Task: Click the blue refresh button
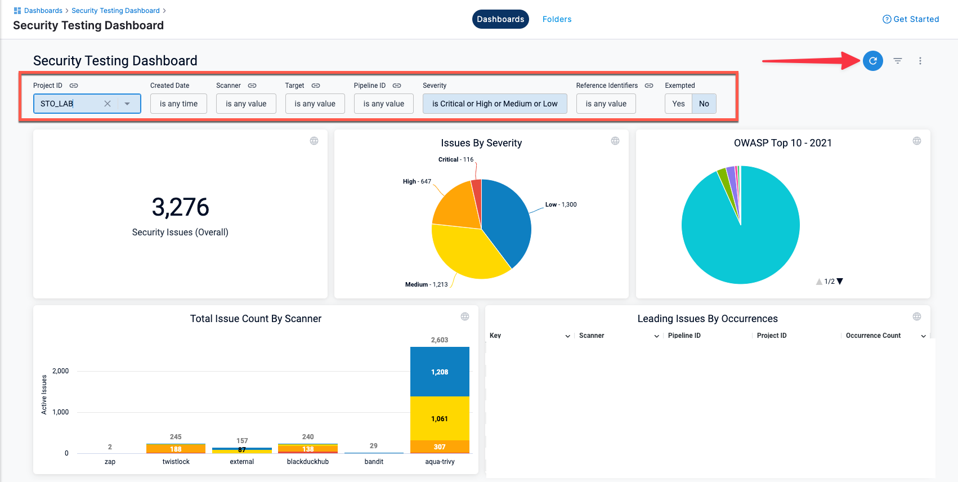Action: pos(872,61)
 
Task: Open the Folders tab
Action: pos(557,19)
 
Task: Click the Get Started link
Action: pos(911,19)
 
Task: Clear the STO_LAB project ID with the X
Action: pos(108,104)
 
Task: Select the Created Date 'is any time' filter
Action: pos(178,104)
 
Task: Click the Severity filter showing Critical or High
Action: pos(494,104)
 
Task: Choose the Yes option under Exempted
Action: pos(678,104)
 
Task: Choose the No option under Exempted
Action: pos(704,104)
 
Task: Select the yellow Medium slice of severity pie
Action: pos(467,253)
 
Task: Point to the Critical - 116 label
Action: pos(455,159)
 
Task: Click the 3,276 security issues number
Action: pos(180,207)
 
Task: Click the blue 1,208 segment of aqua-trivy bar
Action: pos(440,372)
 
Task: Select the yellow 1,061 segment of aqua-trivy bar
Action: pos(440,418)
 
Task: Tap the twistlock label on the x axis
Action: pos(176,462)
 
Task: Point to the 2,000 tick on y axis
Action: pos(60,371)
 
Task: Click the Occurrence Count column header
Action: pos(873,336)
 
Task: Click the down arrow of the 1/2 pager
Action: pos(840,282)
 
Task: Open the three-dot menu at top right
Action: pos(920,61)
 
